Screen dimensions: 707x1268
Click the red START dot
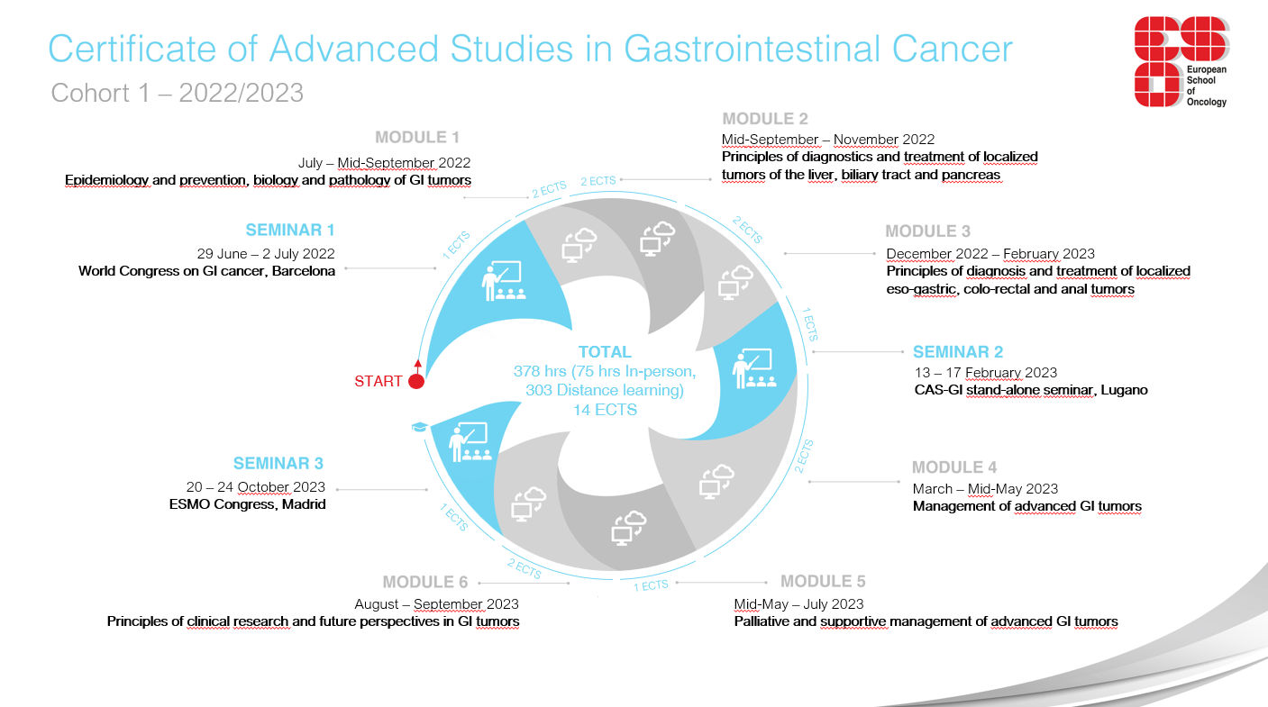[416, 381]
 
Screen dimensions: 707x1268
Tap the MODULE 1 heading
[417, 137]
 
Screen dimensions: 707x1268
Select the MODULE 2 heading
[765, 118]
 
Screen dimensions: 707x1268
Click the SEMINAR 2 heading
[958, 351]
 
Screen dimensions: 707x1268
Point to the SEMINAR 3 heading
[278, 463]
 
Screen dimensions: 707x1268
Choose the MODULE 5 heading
[823, 581]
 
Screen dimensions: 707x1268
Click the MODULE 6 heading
[424, 582]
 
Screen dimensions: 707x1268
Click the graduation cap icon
[418, 427]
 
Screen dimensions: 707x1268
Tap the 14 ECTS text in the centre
[605, 410]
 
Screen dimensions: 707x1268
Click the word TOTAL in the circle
[605, 352]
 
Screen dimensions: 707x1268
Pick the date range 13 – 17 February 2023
[985, 372]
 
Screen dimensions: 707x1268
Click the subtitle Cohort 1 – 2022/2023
[178, 93]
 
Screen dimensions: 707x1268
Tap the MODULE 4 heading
[953, 467]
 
